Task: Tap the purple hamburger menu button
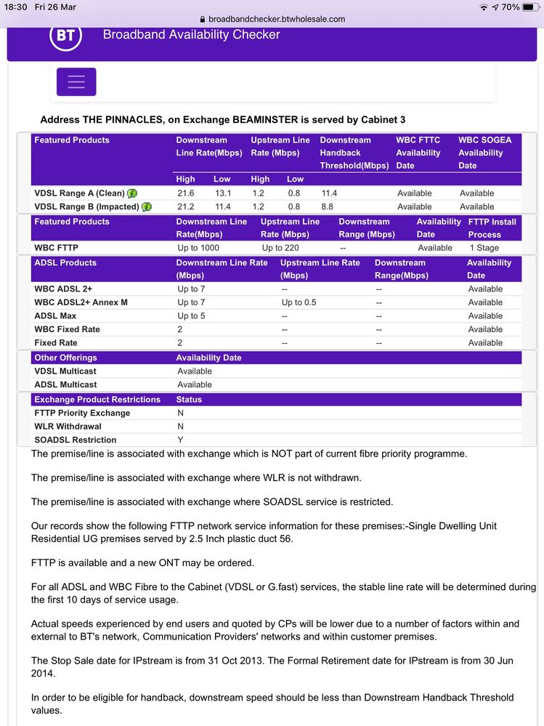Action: (76, 82)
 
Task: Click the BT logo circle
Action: (65, 34)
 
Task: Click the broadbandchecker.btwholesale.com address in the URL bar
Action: (276, 19)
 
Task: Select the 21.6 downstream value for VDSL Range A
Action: (187, 193)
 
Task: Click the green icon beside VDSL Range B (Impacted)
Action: (147, 207)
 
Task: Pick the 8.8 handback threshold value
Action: (328, 206)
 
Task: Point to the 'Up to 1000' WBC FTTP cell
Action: (198, 248)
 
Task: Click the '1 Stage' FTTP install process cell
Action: (484, 248)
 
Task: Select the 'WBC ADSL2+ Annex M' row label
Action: (81, 302)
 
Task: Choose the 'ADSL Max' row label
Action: (55, 316)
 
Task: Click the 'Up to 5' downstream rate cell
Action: (191, 316)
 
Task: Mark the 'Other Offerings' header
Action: (65, 358)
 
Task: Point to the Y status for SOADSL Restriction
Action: (180, 440)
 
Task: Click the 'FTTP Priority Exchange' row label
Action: (82, 413)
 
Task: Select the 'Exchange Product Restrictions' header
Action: (97, 400)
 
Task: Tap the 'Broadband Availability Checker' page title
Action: (191, 34)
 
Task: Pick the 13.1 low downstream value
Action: (222, 193)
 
